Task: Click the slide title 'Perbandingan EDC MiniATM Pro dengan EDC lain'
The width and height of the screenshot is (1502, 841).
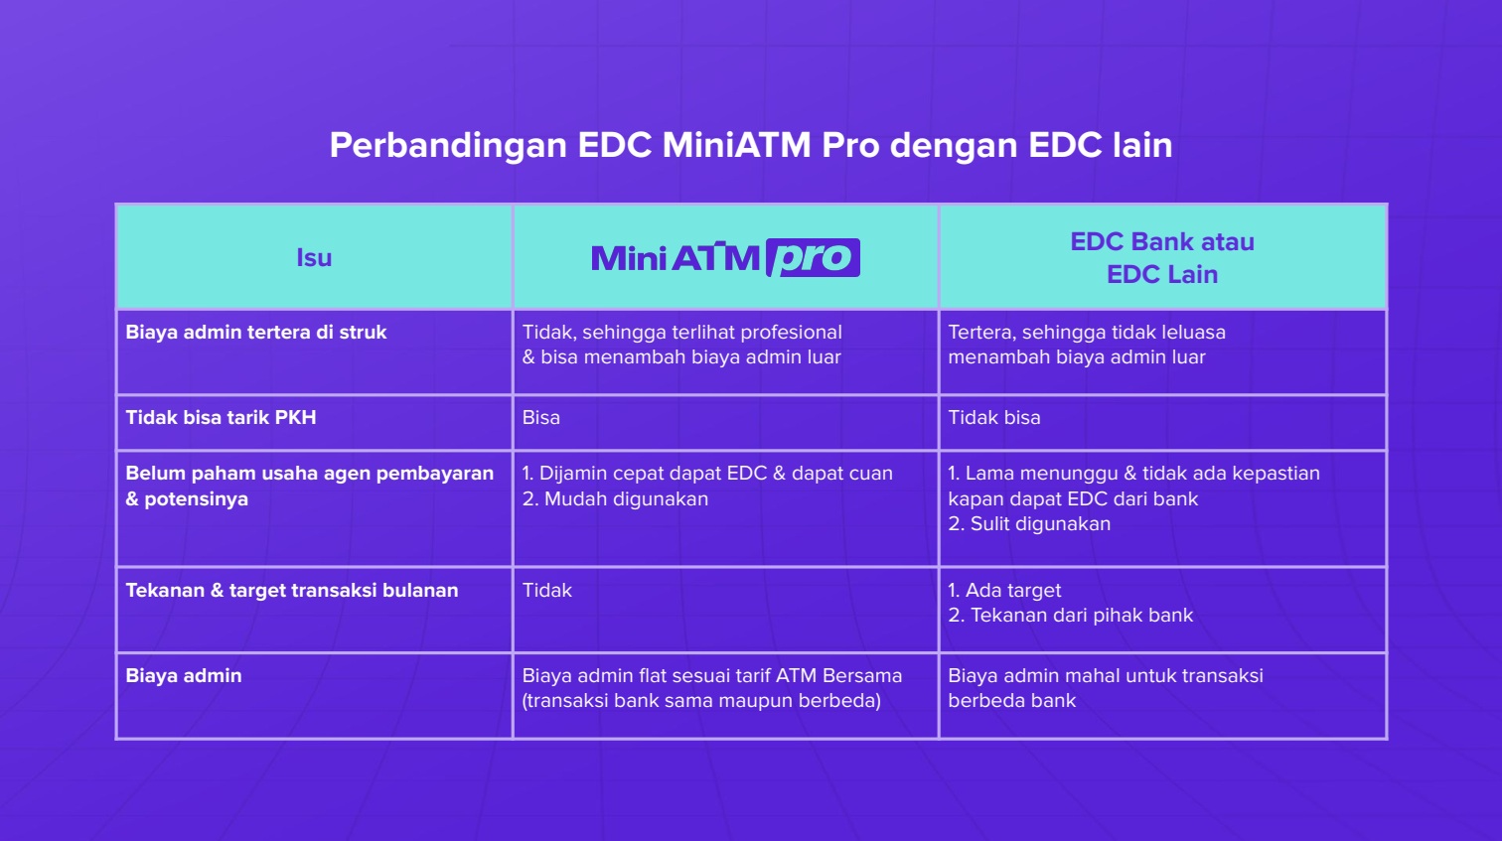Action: pyautogui.click(x=750, y=145)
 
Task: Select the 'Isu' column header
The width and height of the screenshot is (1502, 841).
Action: pyautogui.click(x=314, y=258)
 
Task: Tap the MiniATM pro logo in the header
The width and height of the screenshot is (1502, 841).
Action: pyautogui.click(x=725, y=257)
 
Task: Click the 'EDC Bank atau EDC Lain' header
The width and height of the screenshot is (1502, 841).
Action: pyautogui.click(x=1162, y=258)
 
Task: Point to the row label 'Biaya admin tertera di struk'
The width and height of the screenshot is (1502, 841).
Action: pyautogui.click(x=256, y=333)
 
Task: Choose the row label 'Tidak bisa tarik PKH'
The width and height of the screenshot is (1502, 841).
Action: pyautogui.click(x=221, y=417)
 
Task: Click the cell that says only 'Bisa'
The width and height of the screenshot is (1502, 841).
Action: pyautogui.click(x=540, y=417)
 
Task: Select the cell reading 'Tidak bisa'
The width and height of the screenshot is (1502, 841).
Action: pyautogui.click(x=993, y=417)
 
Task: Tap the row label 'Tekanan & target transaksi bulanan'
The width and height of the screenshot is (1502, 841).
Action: pyautogui.click(x=292, y=591)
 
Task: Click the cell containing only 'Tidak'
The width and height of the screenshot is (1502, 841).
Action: pyautogui.click(x=546, y=591)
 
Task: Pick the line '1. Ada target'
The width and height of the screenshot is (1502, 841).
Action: pyautogui.click(x=1004, y=591)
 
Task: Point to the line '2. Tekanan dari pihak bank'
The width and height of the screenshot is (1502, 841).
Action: pyautogui.click(x=1070, y=616)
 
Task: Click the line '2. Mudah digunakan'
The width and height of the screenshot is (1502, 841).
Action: pyautogui.click(x=615, y=499)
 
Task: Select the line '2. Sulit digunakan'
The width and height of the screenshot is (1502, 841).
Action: pyautogui.click(x=1029, y=524)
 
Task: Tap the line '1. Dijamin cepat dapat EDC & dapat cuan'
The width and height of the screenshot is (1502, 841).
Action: pyautogui.click(x=707, y=474)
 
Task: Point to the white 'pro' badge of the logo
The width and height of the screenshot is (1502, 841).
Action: pyautogui.click(x=813, y=257)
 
